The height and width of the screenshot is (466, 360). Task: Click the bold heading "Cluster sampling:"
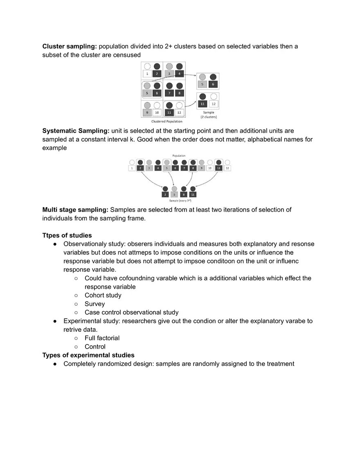pyautogui.click(x=70, y=46)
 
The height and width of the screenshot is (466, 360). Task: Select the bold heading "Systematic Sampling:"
pyautogui.click(x=76, y=131)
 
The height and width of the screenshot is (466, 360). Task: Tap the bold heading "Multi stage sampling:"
pyautogui.click(x=75, y=209)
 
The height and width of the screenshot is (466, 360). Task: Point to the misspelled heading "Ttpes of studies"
pyautogui.click(x=67, y=235)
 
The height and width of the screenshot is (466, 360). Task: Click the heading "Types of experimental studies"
pyautogui.click(x=88, y=355)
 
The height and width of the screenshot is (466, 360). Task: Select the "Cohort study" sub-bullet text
pyautogui.click(x=103, y=295)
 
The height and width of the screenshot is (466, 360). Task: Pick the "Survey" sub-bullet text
pyautogui.click(x=94, y=304)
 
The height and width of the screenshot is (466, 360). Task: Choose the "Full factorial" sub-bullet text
pyautogui.click(x=102, y=338)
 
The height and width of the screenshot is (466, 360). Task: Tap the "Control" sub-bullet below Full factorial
pyautogui.click(x=95, y=347)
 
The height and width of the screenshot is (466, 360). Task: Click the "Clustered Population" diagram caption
pyautogui.click(x=166, y=122)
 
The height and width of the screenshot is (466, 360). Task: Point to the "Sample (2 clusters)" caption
pyautogui.click(x=209, y=115)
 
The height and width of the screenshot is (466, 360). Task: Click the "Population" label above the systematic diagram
pyautogui.click(x=178, y=155)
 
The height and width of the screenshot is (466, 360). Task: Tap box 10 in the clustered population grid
pyautogui.click(x=157, y=113)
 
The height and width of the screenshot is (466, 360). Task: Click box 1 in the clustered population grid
pyautogui.click(x=147, y=74)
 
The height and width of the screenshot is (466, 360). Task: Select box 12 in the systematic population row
pyautogui.click(x=227, y=168)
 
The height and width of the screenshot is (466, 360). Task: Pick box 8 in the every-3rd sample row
pyautogui.click(x=184, y=194)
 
